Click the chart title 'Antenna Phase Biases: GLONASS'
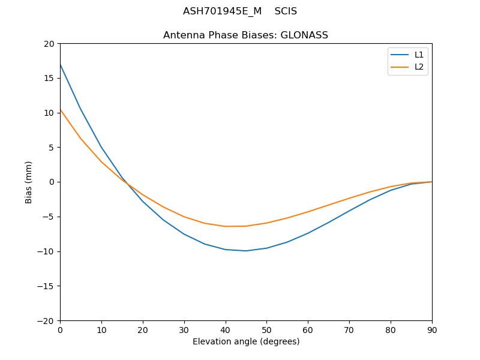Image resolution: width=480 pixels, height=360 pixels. (245, 35)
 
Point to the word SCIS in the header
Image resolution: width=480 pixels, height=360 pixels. (286, 11)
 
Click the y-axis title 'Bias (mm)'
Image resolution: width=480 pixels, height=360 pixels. (29, 182)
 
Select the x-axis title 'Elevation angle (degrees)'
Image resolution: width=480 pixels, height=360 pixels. (246, 341)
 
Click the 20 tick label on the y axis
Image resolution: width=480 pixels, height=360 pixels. (48, 44)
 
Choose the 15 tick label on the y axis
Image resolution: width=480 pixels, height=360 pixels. (48, 78)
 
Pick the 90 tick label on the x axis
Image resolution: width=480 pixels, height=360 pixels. (432, 329)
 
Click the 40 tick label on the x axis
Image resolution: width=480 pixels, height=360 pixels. (226, 329)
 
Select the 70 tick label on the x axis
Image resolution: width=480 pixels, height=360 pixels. (349, 329)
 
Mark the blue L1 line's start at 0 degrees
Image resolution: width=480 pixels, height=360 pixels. (60, 64)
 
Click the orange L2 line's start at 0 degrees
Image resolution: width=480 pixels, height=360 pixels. (60, 109)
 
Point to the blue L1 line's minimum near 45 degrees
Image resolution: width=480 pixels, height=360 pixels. (246, 251)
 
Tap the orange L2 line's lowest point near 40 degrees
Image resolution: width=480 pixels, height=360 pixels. (226, 226)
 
